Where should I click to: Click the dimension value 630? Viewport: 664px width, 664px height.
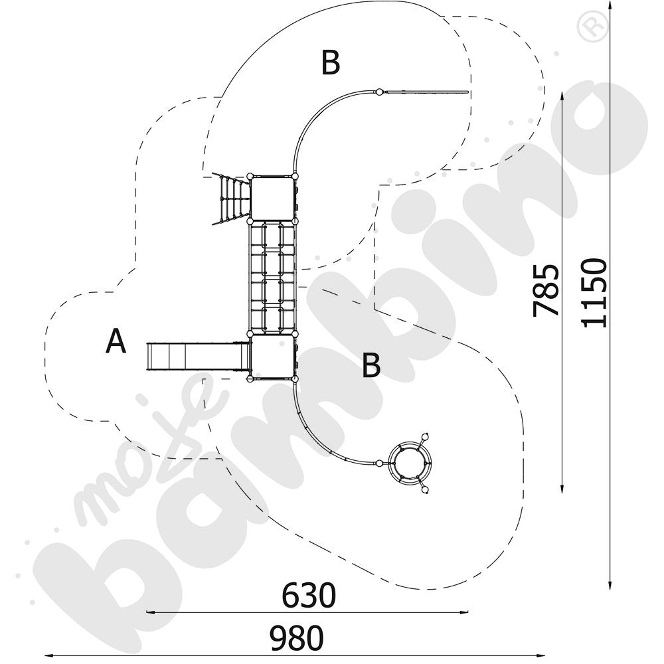pos(309,596)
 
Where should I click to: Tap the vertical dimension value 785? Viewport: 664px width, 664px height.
pos(545,290)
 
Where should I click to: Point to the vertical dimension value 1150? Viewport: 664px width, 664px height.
pos(594,293)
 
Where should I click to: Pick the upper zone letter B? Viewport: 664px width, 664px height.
pos(330,62)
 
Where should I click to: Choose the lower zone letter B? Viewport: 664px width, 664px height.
pos(371,365)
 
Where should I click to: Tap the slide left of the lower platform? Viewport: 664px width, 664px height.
pos(197,357)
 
